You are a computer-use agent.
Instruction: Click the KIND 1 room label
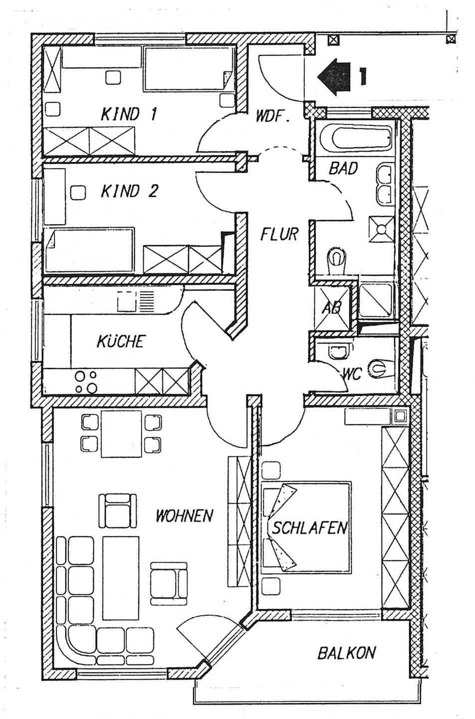pyautogui.click(x=129, y=114)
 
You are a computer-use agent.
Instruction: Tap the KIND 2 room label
pyautogui.click(x=129, y=191)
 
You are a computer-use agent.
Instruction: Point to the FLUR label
pyautogui.click(x=279, y=234)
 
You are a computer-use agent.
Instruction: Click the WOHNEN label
pyautogui.click(x=184, y=515)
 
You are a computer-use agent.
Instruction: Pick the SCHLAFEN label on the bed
pyautogui.click(x=309, y=528)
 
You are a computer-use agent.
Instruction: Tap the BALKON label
pyautogui.click(x=347, y=653)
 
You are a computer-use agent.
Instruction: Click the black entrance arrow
pyautogui.click(x=335, y=75)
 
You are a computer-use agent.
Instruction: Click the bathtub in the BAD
pyautogui.click(x=355, y=137)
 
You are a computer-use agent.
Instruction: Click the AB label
pyautogui.click(x=332, y=307)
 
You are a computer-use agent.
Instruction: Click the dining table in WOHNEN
pyautogui.click(x=122, y=433)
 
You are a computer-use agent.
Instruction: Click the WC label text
pyautogui.click(x=352, y=374)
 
